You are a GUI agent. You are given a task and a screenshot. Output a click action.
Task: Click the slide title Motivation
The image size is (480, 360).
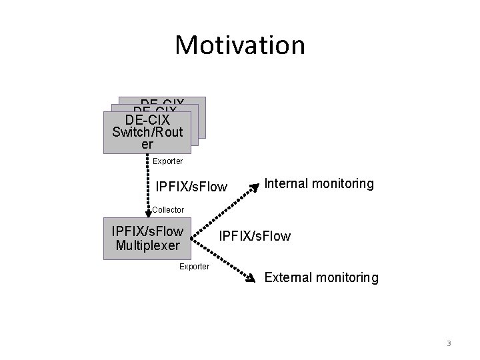point(240,45)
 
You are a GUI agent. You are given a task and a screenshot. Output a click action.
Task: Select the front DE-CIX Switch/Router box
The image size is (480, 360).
point(147,133)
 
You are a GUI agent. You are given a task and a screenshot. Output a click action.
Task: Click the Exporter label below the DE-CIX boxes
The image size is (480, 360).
point(167,161)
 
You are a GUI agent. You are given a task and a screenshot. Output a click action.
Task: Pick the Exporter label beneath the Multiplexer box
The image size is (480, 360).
point(195,267)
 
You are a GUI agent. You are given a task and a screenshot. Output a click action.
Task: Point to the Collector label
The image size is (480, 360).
point(168,210)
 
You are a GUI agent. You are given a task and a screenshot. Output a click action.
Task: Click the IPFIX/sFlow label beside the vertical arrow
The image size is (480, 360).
point(191,185)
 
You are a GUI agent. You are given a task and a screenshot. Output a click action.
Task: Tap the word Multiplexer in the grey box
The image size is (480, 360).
point(148,245)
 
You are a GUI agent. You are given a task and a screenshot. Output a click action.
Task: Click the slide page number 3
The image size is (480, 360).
point(449,343)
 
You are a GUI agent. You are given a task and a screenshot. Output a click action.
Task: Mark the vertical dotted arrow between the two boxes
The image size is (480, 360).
point(147,183)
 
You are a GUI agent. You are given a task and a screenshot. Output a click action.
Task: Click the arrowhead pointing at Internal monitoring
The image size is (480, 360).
point(253,187)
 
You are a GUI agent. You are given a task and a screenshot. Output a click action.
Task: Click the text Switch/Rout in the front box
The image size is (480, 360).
point(147,132)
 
